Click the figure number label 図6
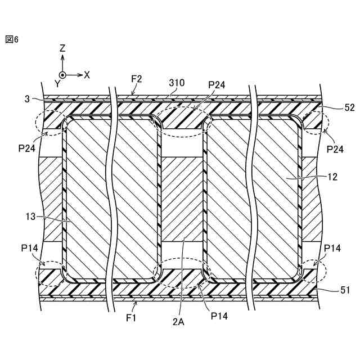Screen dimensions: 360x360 click(12, 39)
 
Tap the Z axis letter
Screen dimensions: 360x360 click(62, 49)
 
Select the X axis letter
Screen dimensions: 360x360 click(87, 74)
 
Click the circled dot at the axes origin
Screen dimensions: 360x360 click(62, 74)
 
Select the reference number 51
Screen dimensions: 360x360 click(345, 290)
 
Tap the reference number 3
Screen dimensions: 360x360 click(26, 99)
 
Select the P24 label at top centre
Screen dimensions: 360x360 click(217, 85)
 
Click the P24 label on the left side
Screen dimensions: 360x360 click(26, 148)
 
